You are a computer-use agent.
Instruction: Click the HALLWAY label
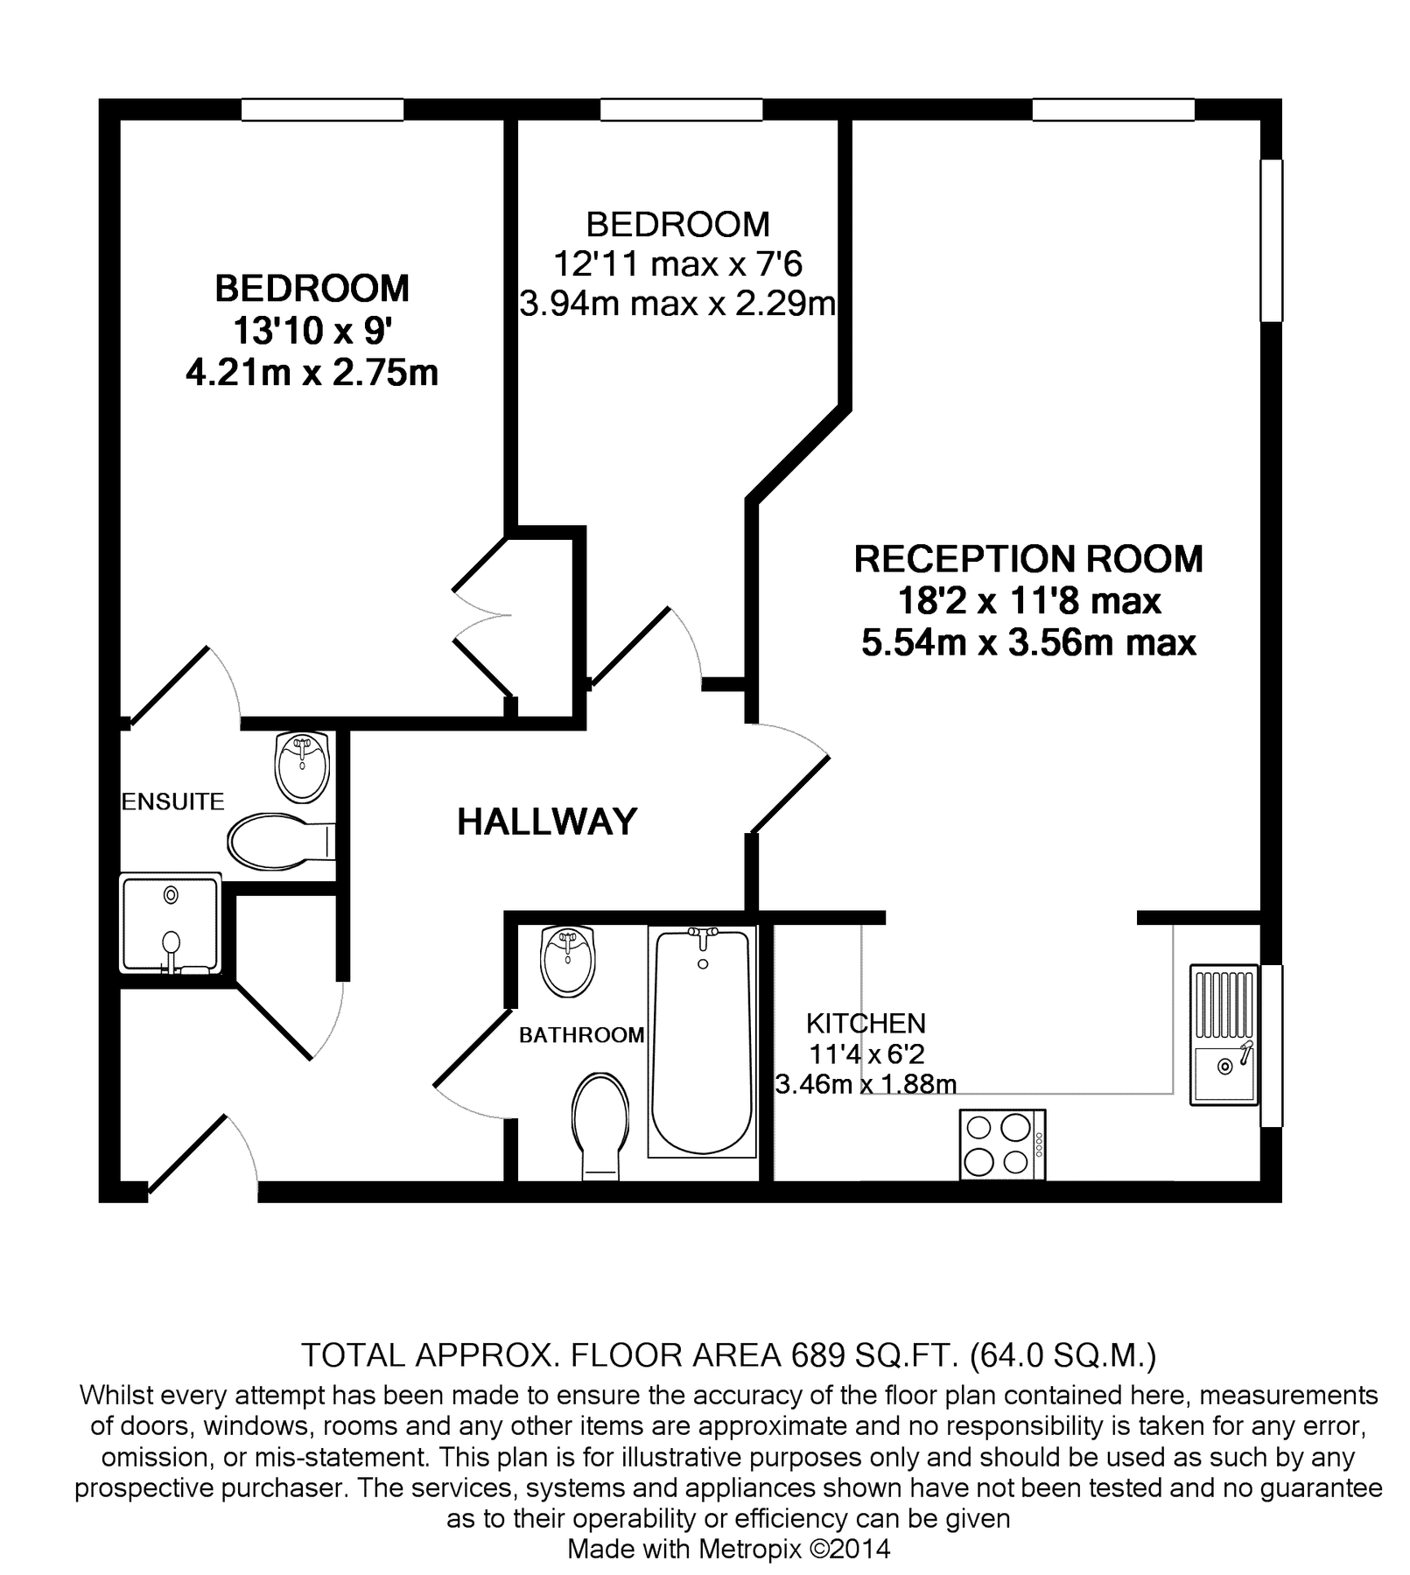[x=547, y=822]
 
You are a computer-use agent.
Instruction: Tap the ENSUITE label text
[x=172, y=801]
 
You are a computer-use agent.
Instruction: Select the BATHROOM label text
[x=581, y=1035]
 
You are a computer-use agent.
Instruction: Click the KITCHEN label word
[x=865, y=1023]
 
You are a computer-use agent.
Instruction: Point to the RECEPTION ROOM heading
[x=1028, y=559]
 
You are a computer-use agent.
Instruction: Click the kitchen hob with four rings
[x=1002, y=1144]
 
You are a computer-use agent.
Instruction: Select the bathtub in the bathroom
[x=702, y=1041]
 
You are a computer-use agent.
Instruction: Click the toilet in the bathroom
[x=600, y=1124]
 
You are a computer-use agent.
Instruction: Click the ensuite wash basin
[x=302, y=766]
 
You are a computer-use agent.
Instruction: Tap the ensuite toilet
[x=276, y=842]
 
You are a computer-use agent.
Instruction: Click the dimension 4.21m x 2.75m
[x=312, y=374]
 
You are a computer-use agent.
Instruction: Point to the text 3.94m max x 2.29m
[x=677, y=304]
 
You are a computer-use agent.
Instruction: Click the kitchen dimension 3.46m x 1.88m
[x=866, y=1084]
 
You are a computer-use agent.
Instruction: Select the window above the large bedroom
[x=322, y=109]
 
